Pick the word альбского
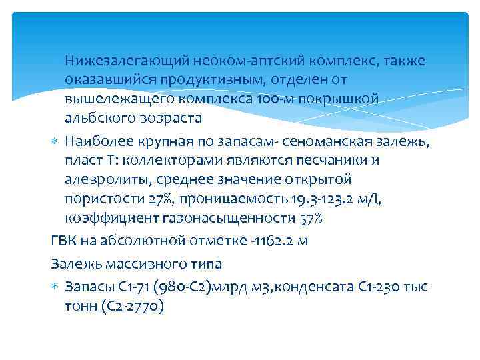point(101,118)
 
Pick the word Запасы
point(89,287)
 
